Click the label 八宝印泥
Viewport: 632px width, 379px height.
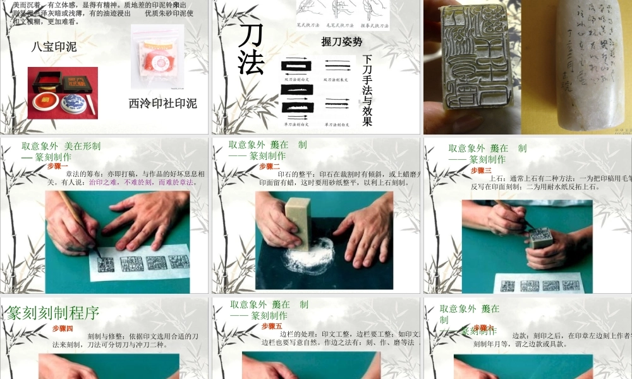click(x=54, y=47)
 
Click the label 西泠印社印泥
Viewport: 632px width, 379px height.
click(x=162, y=103)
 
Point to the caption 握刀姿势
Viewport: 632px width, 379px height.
click(x=341, y=42)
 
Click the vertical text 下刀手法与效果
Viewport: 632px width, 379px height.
click(x=367, y=90)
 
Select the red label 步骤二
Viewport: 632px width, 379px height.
click(x=269, y=166)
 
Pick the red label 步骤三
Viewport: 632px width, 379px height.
click(x=481, y=170)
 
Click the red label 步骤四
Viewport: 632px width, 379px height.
click(x=63, y=328)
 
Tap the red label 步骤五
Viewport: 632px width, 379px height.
click(x=272, y=326)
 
